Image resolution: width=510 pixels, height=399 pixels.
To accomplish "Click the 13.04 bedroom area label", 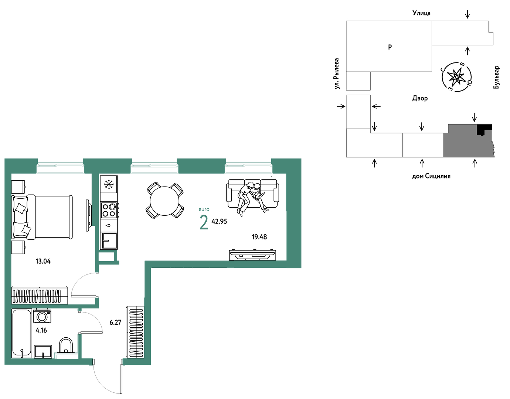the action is [43, 261].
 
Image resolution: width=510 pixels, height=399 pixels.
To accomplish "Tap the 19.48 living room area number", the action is [259, 237].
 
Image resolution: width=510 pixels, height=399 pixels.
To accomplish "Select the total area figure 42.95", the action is [219, 221].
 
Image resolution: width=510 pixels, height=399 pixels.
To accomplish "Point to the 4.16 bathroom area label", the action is [41, 330].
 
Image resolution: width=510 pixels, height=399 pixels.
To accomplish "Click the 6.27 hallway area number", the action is [115, 322].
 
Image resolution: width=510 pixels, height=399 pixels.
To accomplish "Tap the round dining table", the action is [164, 201].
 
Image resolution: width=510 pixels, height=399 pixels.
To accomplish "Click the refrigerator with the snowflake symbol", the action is [109, 184].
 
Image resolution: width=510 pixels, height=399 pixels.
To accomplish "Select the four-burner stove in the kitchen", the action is [109, 210].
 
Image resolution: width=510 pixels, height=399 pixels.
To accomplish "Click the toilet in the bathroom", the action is [66, 345].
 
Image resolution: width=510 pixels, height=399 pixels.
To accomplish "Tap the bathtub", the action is [21, 333].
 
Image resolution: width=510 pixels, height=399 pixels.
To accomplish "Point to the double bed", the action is [42, 217].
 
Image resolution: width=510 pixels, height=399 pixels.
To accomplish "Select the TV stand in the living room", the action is [252, 255].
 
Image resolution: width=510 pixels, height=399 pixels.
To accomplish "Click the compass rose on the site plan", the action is [457, 77].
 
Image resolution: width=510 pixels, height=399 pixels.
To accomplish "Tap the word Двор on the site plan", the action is [420, 98].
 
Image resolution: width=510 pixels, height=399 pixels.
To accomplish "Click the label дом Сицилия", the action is [431, 176].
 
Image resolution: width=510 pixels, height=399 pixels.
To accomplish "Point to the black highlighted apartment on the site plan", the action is [483, 129].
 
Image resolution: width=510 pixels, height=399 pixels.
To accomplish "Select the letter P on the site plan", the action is [390, 47].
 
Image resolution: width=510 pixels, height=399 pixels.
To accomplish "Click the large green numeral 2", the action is [204, 222].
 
